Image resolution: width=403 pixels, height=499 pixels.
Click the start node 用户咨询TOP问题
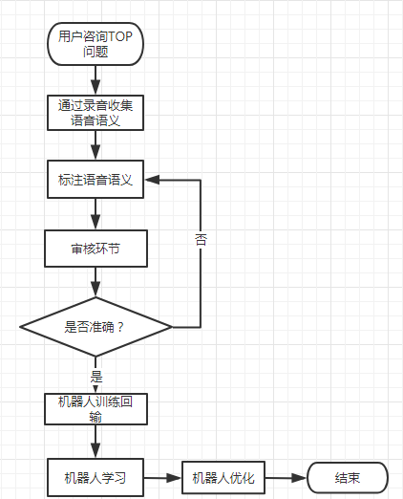95,44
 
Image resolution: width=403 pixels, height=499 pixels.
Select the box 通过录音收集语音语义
95,113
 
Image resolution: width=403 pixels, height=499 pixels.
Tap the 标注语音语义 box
95,180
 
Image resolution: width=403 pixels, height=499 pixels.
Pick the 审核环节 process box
95,249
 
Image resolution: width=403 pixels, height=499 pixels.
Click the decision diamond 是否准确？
95,327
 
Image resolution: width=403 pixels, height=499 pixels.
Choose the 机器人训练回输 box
95,409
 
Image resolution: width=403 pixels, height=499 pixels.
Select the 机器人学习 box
95,477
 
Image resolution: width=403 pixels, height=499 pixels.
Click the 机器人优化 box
223,477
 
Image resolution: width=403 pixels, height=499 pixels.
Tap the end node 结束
348,478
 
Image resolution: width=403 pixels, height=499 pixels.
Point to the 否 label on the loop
201,240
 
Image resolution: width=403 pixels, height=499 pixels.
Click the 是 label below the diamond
96,377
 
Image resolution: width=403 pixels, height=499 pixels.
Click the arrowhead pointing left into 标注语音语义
152,180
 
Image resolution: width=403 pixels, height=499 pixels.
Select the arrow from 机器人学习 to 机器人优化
162,478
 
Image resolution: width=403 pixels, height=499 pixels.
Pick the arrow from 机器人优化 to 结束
286,478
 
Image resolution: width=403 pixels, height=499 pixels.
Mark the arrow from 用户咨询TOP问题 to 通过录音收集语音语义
95,80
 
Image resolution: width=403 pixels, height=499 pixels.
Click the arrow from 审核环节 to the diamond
95,282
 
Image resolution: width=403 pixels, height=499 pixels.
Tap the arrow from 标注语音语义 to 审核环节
95,214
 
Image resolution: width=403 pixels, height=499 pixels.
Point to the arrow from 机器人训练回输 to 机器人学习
95,442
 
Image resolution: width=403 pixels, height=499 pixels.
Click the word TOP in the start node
120,36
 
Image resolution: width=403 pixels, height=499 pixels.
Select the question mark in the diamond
120,327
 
